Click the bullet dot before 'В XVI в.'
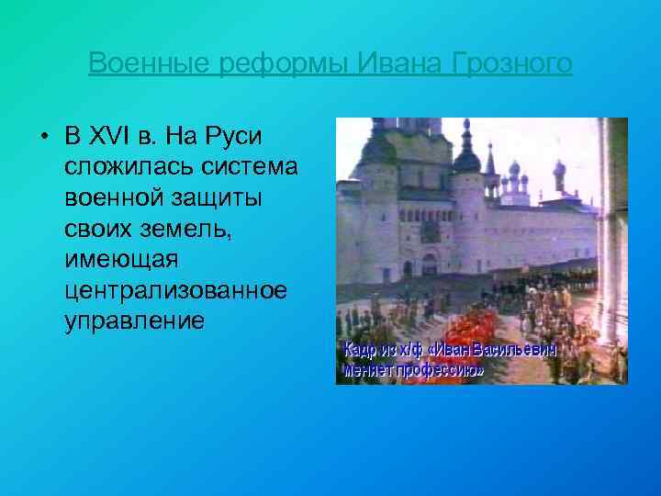pos(44,138)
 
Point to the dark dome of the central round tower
pos(467,160)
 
